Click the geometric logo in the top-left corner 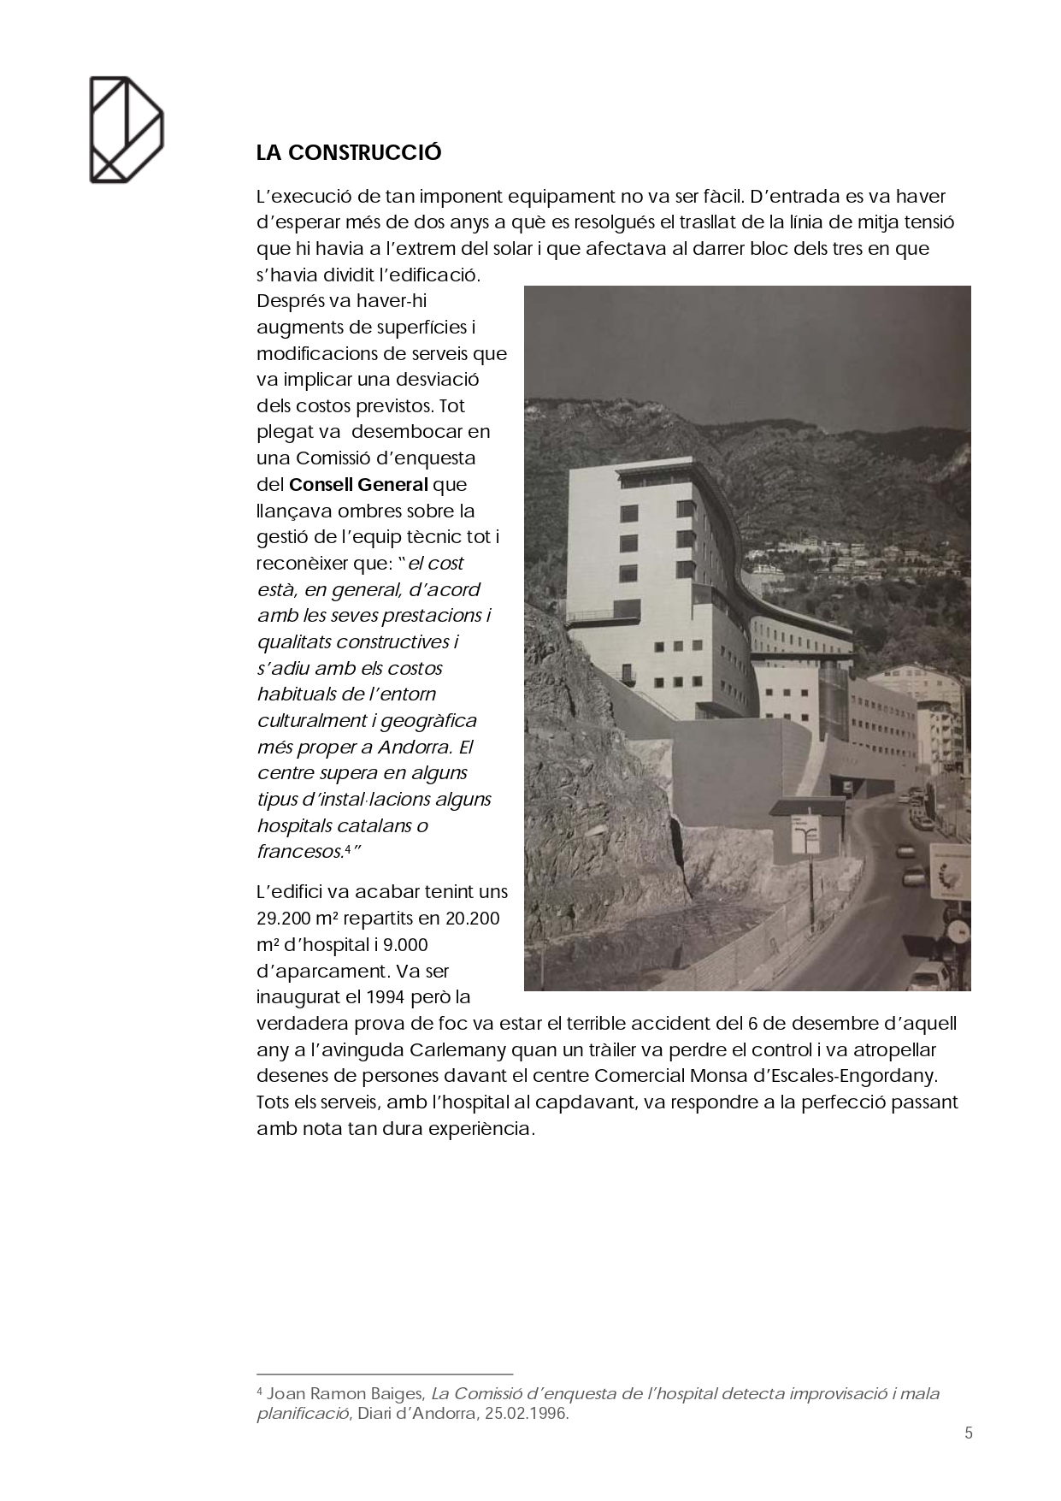(127, 130)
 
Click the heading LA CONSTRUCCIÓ (349, 153)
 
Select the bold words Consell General (358, 485)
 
